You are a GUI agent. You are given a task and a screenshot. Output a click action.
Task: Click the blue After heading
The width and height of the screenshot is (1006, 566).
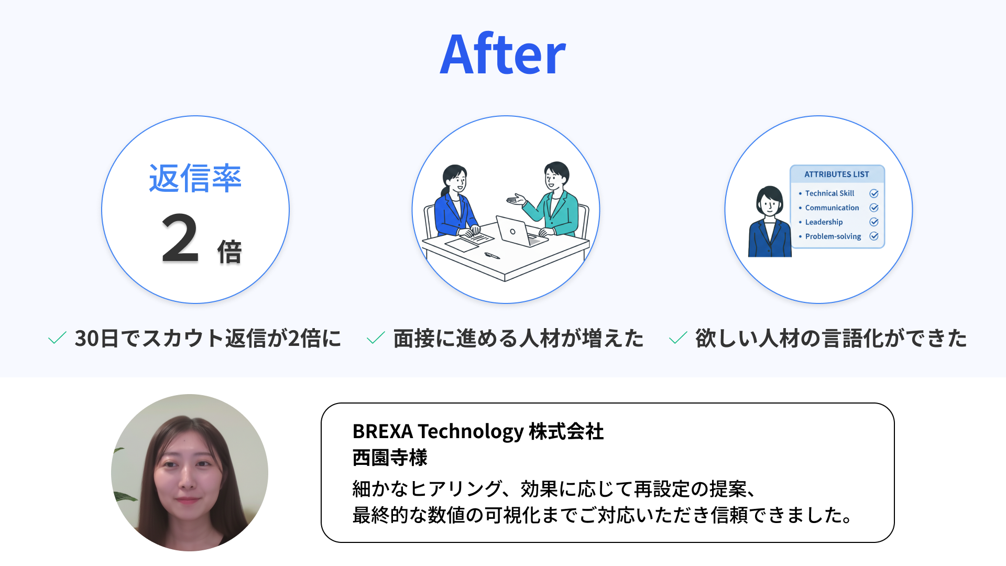pyautogui.click(x=502, y=54)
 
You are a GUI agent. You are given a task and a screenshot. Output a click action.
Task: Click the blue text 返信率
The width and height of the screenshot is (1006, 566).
pyautogui.click(x=195, y=178)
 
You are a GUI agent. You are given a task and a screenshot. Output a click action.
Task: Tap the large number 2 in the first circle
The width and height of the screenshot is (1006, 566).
pyautogui.click(x=180, y=238)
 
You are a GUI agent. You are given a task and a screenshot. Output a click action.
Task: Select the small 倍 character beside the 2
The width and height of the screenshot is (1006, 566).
pyautogui.click(x=229, y=252)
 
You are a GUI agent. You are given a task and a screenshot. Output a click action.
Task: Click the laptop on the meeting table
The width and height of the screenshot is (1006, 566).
pyautogui.click(x=520, y=232)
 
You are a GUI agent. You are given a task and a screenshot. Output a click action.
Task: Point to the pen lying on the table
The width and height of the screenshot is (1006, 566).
pyautogui.click(x=492, y=256)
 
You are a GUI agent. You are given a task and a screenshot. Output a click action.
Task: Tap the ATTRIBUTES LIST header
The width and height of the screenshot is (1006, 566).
pyautogui.click(x=837, y=174)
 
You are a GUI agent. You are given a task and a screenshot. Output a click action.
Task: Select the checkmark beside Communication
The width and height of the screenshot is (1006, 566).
pyautogui.click(x=874, y=208)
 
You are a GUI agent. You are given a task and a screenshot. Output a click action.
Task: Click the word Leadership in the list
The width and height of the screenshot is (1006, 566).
pyautogui.click(x=824, y=222)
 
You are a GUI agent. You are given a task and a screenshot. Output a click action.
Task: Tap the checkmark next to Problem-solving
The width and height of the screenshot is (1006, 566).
pyautogui.click(x=874, y=236)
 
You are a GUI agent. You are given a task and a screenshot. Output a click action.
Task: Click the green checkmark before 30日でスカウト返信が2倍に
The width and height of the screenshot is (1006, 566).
pyautogui.click(x=57, y=338)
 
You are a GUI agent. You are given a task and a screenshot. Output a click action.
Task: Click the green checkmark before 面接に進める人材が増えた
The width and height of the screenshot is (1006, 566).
pyautogui.click(x=376, y=338)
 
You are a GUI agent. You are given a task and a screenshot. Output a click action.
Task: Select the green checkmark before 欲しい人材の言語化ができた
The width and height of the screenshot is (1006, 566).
pyautogui.click(x=678, y=338)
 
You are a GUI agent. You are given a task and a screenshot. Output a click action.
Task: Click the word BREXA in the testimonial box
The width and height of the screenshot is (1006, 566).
pyautogui.click(x=382, y=431)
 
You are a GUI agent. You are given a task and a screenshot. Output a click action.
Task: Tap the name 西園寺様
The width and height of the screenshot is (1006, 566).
pyautogui.click(x=390, y=458)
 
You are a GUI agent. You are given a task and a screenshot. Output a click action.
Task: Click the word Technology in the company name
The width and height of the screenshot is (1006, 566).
pyautogui.click(x=471, y=432)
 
